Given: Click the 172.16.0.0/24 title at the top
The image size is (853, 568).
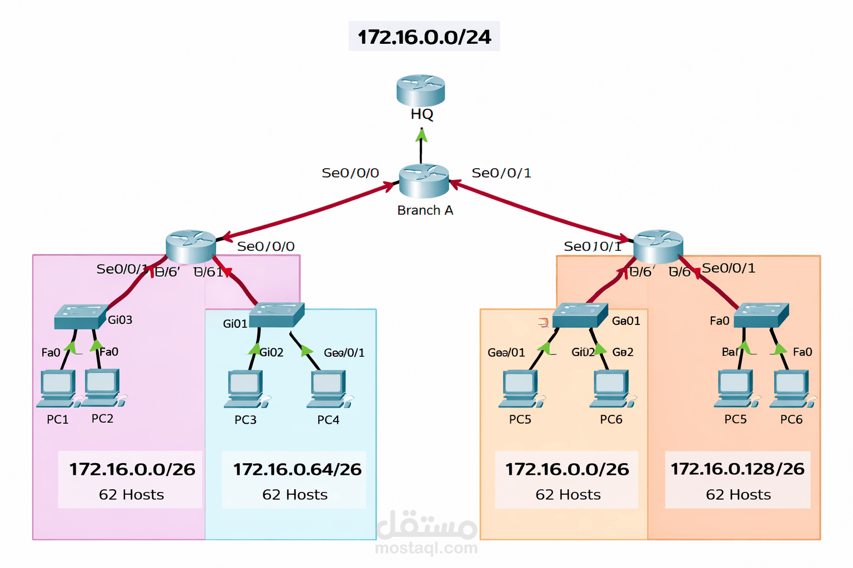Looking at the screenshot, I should click(x=424, y=37).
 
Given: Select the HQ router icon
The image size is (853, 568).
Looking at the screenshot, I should click(x=420, y=90).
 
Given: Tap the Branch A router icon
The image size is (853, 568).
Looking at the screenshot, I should click(x=424, y=181).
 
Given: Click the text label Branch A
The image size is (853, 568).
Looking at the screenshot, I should click(x=425, y=210).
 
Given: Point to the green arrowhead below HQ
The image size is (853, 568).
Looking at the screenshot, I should click(x=422, y=135).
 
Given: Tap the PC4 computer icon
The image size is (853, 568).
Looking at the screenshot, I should click(x=328, y=389).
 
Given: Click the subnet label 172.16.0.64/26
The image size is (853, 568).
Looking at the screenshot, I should click(x=297, y=469).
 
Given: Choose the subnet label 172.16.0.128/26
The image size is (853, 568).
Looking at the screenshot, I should click(x=737, y=469).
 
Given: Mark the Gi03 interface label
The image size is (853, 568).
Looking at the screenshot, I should click(x=120, y=319).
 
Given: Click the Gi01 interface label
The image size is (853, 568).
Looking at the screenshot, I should click(x=235, y=323).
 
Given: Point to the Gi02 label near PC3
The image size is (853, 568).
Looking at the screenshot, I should click(x=272, y=352).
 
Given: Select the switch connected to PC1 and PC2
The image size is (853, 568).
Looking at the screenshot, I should click(x=81, y=316).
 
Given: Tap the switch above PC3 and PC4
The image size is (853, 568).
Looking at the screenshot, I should click(x=276, y=315).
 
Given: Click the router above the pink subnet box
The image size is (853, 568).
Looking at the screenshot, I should click(x=190, y=246).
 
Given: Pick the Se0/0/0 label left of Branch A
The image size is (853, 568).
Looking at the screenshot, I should click(x=350, y=173).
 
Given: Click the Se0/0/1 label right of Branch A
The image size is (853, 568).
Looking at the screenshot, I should click(x=501, y=173).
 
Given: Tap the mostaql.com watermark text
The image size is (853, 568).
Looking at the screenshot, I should click(x=426, y=548).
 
